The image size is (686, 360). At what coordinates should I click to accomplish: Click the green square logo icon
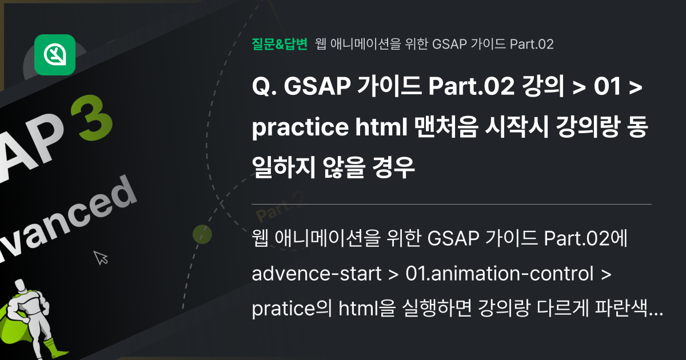tap(55, 55)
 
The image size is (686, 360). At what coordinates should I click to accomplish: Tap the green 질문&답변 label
tap(280, 44)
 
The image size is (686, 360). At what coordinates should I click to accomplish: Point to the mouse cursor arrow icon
tap(101, 257)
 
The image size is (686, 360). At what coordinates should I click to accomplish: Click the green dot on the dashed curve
tap(202, 234)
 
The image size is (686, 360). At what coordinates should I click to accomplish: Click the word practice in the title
tap(297, 129)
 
